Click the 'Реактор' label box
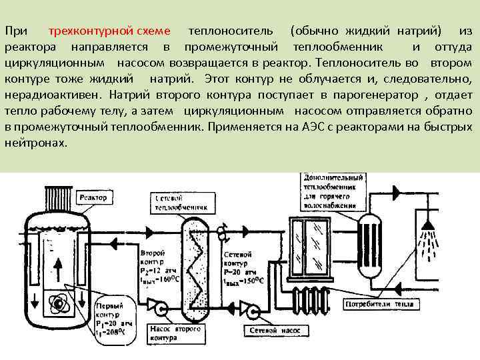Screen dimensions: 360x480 pos(93,197)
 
